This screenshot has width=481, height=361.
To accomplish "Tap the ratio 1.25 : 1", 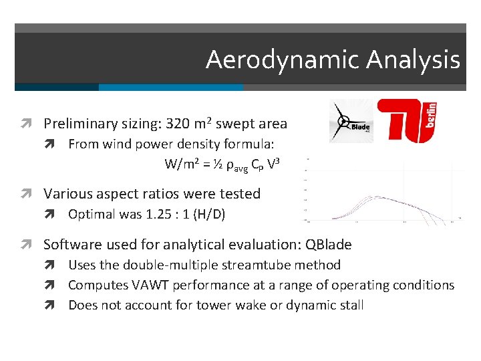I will [166, 215].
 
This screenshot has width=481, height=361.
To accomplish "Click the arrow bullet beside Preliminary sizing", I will [31, 124].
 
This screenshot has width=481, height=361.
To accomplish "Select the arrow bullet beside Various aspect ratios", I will [31, 195].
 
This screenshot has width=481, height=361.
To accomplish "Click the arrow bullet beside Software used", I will [31, 244].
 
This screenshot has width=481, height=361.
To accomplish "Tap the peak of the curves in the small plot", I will [379, 197].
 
